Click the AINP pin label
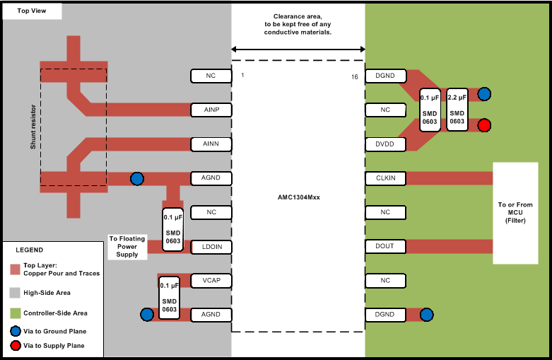point(211,110)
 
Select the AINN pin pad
point(211,144)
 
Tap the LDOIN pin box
point(211,246)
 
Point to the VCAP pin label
point(211,280)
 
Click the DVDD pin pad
point(385,144)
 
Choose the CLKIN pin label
point(385,178)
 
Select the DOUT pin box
point(385,246)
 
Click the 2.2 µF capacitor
point(457,110)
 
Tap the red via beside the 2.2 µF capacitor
point(484,125)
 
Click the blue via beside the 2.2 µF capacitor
point(484,94)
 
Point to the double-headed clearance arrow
point(298,49)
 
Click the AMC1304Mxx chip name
point(298,197)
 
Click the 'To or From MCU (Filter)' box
point(522,213)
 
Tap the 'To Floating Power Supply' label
point(127,246)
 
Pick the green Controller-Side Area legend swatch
point(15,313)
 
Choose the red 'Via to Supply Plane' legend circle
point(15,345)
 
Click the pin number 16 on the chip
point(354,76)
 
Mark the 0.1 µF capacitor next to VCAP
point(169,297)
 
